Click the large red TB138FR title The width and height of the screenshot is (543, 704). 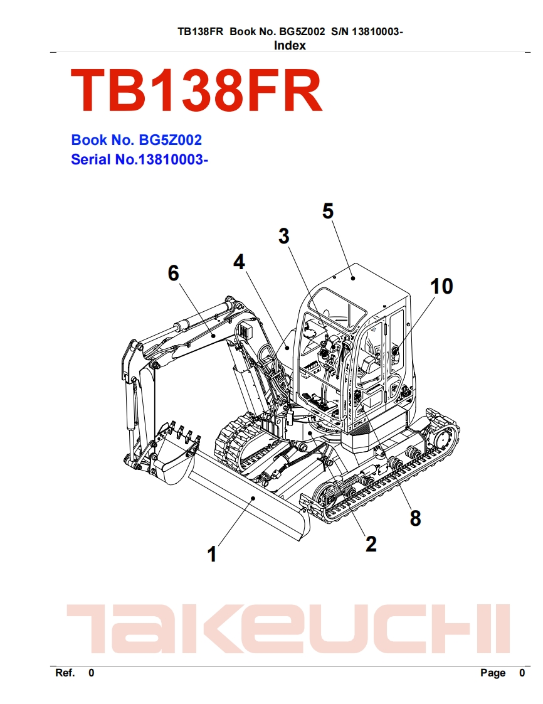[196, 92]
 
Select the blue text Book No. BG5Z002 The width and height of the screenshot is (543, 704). [136, 140]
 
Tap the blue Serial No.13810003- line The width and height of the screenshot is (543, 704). [139, 160]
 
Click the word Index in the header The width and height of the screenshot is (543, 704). [290, 45]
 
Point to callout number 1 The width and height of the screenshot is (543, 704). [212, 554]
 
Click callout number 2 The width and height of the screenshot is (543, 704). [371, 543]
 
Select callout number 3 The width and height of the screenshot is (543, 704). [284, 237]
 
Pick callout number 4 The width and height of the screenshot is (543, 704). [239, 262]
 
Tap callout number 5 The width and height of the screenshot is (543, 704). [328, 211]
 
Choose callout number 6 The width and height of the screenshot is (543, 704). [173, 273]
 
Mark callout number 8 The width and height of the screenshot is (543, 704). [415, 518]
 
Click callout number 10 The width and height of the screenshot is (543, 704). [441, 286]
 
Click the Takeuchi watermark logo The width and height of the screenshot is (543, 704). [288, 627]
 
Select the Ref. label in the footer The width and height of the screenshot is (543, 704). [65, 673]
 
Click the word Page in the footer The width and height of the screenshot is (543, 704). [492, 673]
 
